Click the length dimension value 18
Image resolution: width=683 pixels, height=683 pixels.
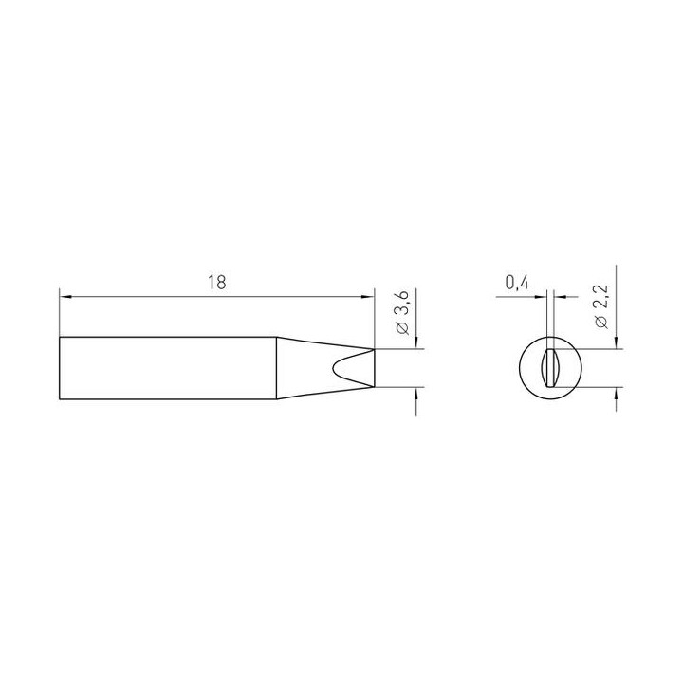coord(217,283)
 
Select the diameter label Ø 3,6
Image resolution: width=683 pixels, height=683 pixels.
coord(404,314)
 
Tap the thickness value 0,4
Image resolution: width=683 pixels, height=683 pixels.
coord(518,283)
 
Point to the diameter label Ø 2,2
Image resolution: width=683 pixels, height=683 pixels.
coord(603,307)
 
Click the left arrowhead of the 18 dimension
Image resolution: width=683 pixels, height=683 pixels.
coord(65,297)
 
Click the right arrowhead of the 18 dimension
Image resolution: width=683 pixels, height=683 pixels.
coord(368,297)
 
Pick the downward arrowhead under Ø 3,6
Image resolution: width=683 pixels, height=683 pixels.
coord(416,342)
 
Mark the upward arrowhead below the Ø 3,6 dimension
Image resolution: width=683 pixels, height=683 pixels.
coord(416,393)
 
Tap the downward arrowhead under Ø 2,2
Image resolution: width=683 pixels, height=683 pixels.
coord(616,342)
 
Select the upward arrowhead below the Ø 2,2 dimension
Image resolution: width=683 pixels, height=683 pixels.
coord(616,393)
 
